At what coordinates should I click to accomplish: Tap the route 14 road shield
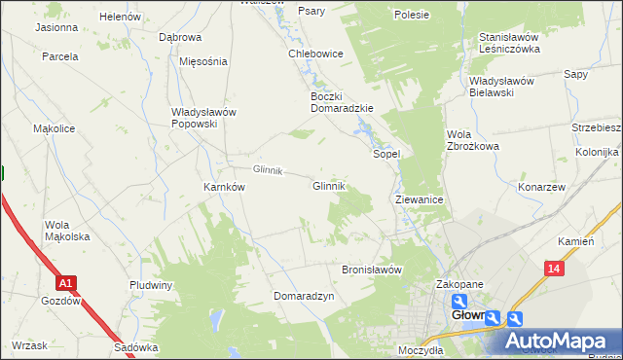click(x=554, y=269)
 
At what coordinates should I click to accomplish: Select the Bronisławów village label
click(x=372, y=270)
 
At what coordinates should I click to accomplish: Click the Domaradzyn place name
click(x=304, y=295)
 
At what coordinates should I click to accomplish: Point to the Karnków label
click(x=223, y=186)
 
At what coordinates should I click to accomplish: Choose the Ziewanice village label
click(x=421, y=198)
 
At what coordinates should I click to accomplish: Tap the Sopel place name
click(x=387, y=154)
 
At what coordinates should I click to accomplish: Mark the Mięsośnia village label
click(x=203, y=61)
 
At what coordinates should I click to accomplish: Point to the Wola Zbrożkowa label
click(x=472, y=139)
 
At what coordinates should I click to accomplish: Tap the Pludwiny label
click(x=151, y=285)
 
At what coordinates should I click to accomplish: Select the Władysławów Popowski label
click(x=203, y=118)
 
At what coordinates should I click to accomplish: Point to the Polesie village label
click(x=412, y=15)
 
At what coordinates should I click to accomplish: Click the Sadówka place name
click(x=135, y=347)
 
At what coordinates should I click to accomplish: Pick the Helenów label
click(x=120, y=18)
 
